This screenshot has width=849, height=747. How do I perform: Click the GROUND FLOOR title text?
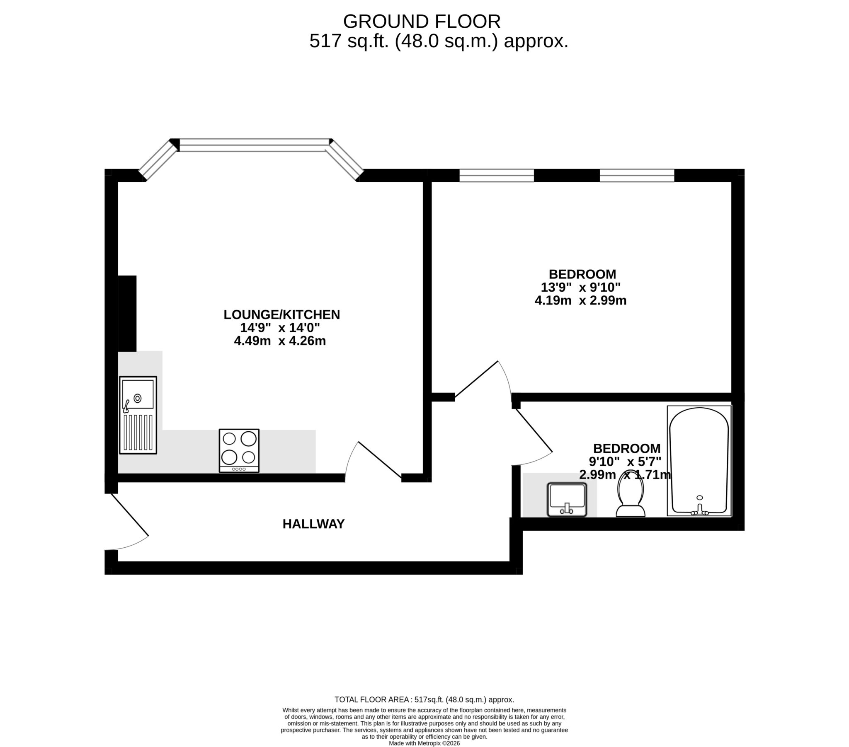coord(422,22)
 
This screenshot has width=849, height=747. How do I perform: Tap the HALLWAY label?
coord(313,525)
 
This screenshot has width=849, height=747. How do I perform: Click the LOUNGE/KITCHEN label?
coord(281,315)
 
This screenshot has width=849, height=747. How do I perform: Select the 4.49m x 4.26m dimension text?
coord(279,341)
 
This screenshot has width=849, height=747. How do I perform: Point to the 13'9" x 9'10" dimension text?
coord(580,288)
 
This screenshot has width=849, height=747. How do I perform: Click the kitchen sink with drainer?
coord(138,415)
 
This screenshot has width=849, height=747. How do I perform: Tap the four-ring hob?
coord(239,451)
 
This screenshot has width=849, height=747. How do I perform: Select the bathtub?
coord(699,461)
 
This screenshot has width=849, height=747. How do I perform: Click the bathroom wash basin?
coord(567,500)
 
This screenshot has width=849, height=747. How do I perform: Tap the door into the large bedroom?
coord(478,380)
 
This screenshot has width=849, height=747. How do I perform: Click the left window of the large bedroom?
coord(496,176)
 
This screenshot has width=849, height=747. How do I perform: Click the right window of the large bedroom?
coord(637,176)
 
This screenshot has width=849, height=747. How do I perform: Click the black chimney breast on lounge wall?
coord(127,314)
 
